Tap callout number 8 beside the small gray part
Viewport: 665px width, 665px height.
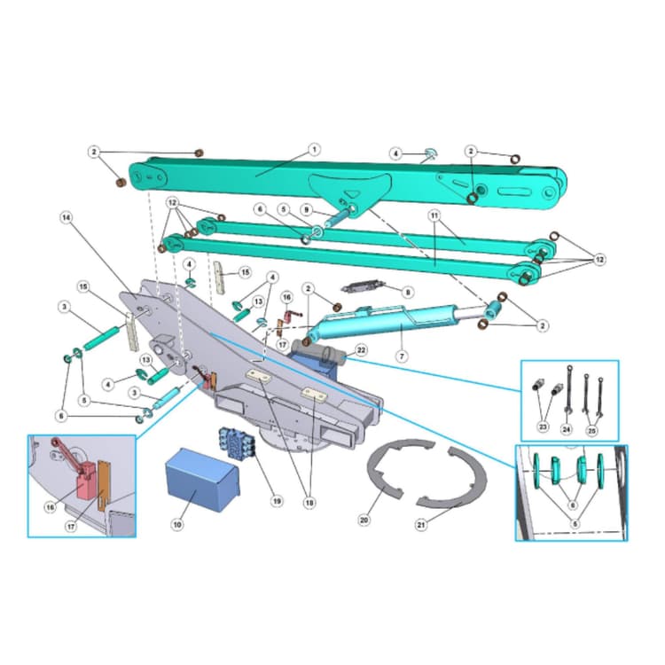[407, 291]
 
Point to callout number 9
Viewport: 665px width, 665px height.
[306, 210]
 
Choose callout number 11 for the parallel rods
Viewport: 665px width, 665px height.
[434, 215]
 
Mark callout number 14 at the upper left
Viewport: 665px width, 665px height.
[66, 216]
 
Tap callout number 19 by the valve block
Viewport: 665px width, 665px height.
[278, 501]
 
